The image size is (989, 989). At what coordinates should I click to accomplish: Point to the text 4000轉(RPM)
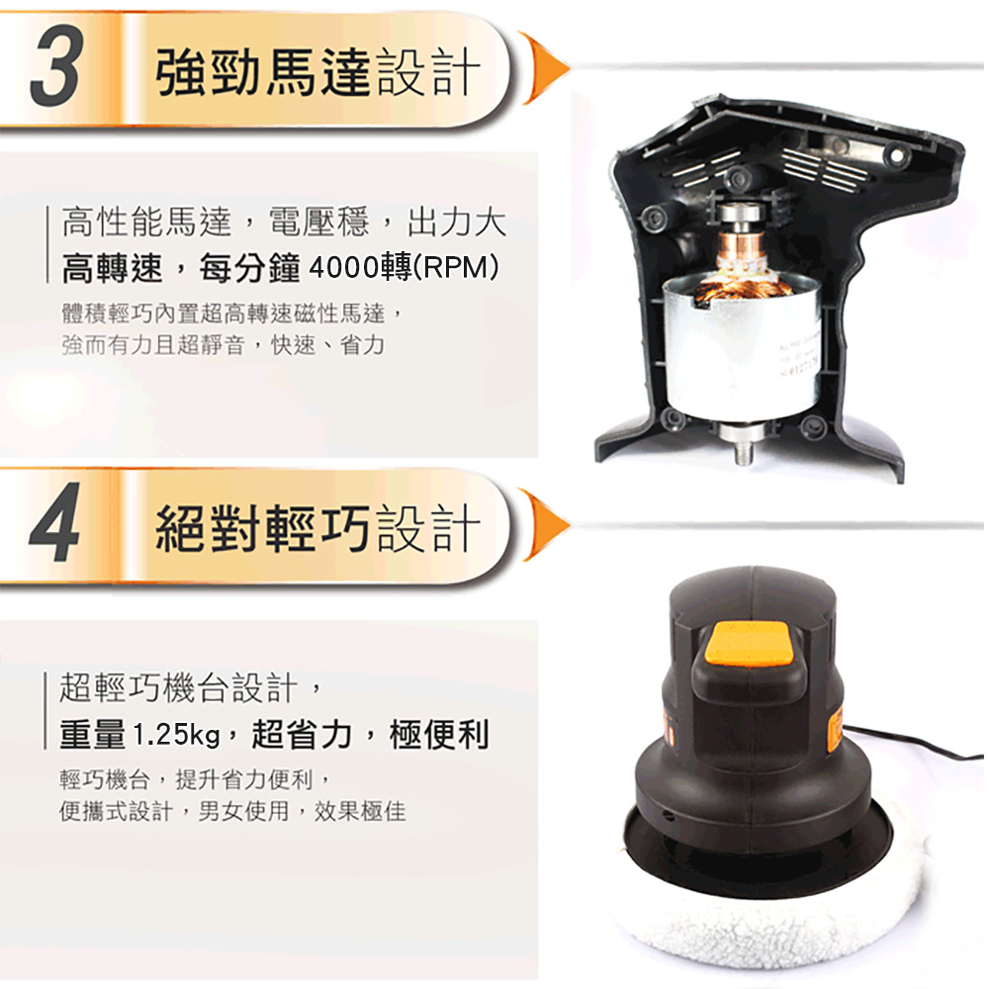point(404,268)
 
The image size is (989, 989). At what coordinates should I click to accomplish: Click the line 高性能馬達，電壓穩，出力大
point(283,222)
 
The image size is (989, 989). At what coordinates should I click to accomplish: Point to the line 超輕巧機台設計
point(178,687)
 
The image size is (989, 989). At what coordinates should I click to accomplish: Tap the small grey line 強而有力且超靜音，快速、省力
point(223,345)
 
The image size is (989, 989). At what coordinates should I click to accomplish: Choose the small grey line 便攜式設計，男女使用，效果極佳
point(232,811)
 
